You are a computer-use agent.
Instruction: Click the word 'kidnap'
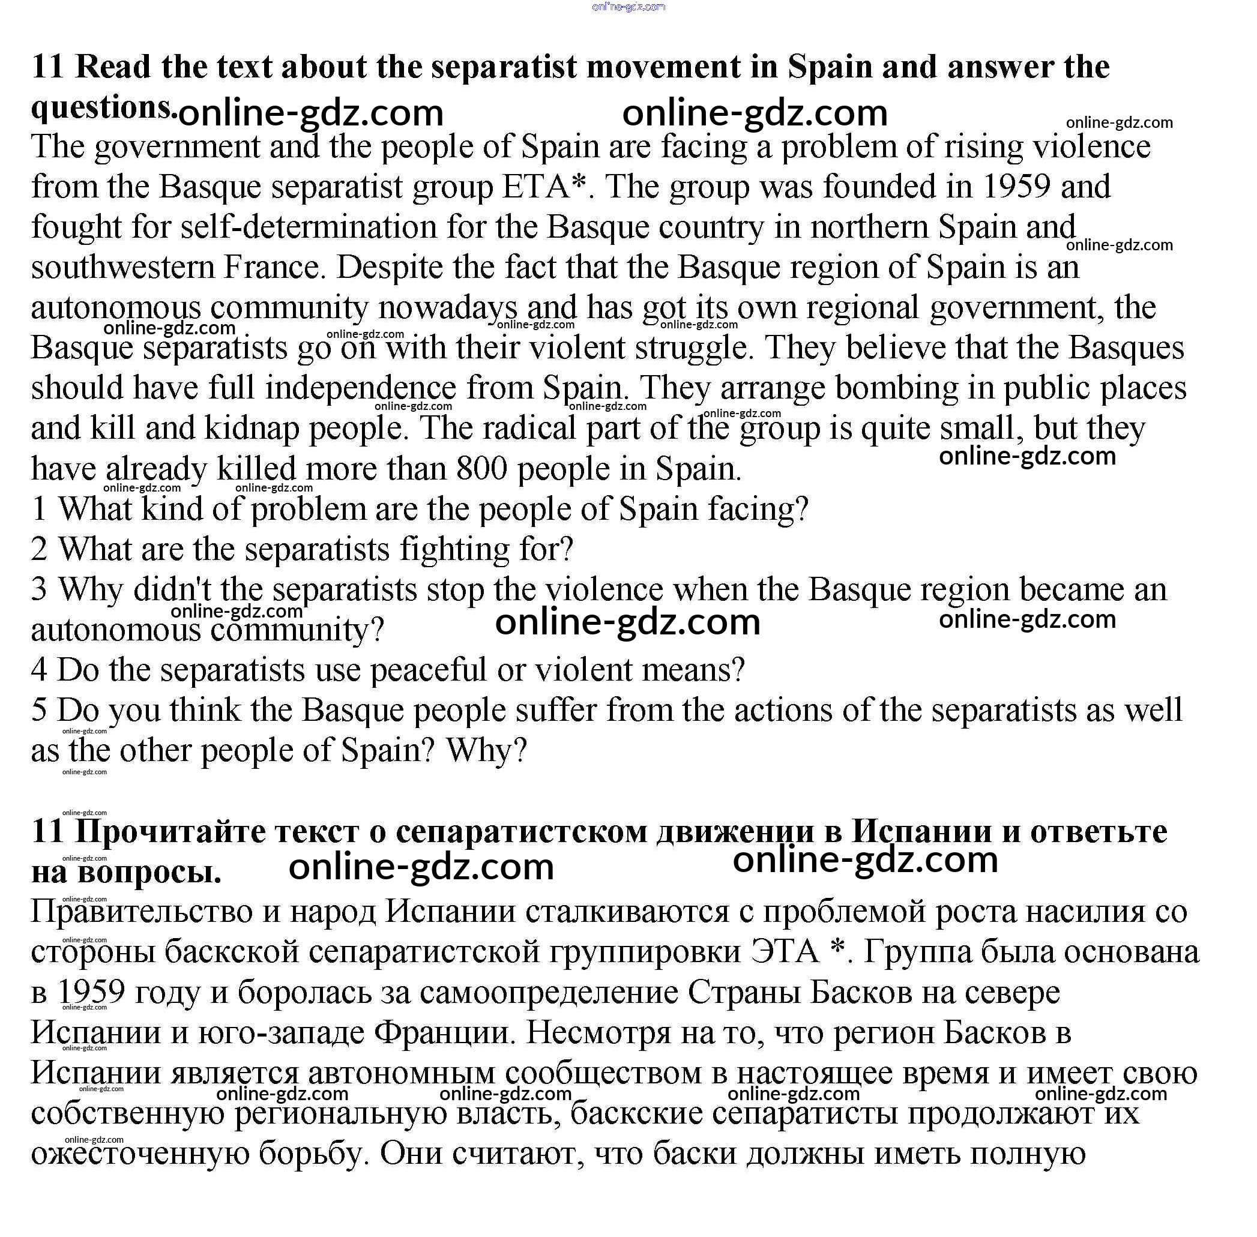(x=251, y=428)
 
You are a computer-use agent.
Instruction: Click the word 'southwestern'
(x=122, y=268)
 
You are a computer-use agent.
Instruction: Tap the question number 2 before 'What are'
(x=39, y=550)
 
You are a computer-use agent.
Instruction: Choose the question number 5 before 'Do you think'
(x=39, y=710)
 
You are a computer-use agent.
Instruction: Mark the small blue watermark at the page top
(x=628, y=7)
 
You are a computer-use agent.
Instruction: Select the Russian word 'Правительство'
(x=142, y=912)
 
